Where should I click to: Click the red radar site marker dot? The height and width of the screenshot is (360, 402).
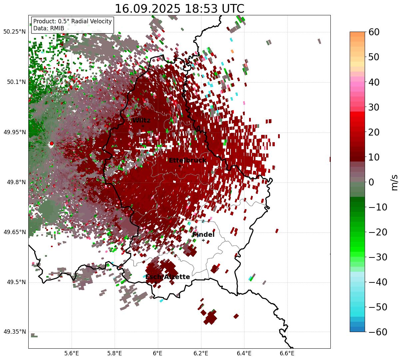pyautogui.click(x=52, y=144)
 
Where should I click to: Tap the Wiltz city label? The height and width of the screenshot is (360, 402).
pyautogui.click(x=141, y=121)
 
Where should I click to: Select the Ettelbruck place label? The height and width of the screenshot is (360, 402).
pyautogui.click(x=188, y=161)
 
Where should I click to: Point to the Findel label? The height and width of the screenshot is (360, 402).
pyautogui.click(x=203, y=235)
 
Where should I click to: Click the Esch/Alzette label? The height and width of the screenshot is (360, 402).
pyautogui.click(x=168, y=277)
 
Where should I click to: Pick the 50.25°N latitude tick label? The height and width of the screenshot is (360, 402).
pyautogui.click(x=14, y=32)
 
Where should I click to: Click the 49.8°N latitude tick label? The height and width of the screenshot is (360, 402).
pyautogui.click(x=16, y=182)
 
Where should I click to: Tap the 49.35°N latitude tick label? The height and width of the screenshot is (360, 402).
pyautogui.click(x=14, y=332)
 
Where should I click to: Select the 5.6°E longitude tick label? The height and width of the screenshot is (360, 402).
pyautogui.click(x=72, y=353)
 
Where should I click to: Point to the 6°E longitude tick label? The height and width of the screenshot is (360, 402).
pyautogui.click(x=158, y=353)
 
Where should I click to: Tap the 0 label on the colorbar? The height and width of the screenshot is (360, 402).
pyautogui.click(x=371, y=182)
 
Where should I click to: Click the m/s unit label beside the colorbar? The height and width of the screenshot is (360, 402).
pyautogui.click(x=394, y=182)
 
